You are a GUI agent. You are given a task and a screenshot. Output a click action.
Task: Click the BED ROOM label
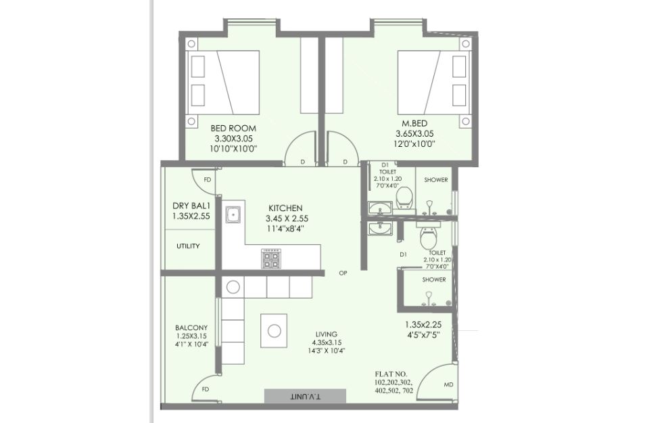[233, 128]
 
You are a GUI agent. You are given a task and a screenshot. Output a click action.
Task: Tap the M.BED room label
[414, 123]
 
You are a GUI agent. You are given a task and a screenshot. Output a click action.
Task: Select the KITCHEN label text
[285, 208]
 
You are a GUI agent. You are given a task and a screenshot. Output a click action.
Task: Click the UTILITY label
[188, 246]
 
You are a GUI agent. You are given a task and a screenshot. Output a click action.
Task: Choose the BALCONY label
[191, 328]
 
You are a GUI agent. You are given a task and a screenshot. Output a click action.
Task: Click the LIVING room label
[327, 334]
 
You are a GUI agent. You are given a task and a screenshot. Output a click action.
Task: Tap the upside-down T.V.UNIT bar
[306, 396]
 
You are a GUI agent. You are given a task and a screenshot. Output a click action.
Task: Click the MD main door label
[448, 384]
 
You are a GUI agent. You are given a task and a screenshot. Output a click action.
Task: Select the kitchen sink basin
[233, 215]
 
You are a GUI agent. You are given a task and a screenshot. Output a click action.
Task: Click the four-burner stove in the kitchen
[270, 259]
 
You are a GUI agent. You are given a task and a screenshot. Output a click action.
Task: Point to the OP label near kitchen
[343, 273]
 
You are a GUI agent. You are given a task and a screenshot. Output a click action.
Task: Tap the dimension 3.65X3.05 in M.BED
[414, 133]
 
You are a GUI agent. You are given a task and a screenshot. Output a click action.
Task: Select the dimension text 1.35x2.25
[423, 325]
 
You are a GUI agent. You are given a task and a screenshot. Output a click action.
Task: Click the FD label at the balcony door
[206, 389]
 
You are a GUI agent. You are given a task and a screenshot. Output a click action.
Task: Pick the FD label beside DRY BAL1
[208, 180]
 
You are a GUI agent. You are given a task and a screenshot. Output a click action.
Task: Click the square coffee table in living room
[274, 330]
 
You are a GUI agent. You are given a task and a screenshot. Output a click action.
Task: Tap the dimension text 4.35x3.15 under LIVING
[327, 342]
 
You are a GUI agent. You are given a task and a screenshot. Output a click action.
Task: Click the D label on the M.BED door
[345, 162]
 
